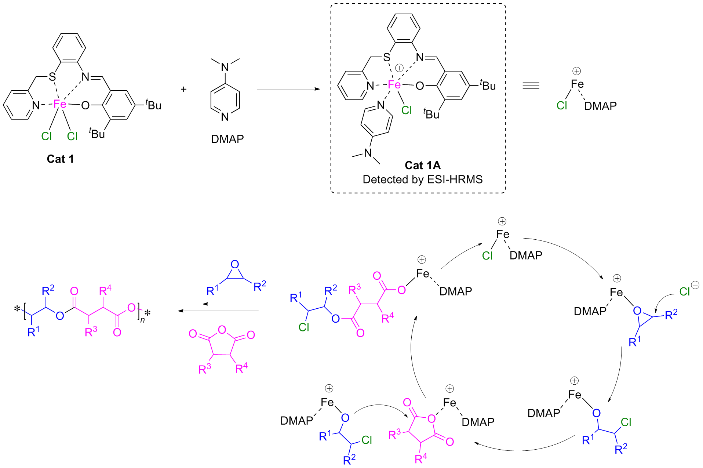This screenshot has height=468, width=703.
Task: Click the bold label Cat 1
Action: pyautogui.click(x=60, y=159)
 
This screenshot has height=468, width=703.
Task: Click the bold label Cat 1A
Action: pyautogui.click(x=422, y=166)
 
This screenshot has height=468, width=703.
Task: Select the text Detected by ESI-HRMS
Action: pyautogui.click(x=422, y=179)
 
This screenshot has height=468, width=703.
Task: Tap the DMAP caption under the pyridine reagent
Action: pyautogui.click(x=227, y=139)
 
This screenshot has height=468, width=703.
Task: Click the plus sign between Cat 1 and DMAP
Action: pyautogui.click(x=183, y=89)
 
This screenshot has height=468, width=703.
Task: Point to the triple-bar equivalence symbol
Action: pyautogui.click(x=531, y=86)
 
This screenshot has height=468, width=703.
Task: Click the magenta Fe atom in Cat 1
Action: pyautogui.click(x=60, y=104)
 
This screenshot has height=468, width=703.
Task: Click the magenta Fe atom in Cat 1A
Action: pyautogui.click(x=394, y=85)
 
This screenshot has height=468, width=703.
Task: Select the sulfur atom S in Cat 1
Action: pyautogui.click(x=52, y=77)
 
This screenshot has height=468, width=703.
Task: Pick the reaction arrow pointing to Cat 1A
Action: pyautogui.click(x=288, y=89)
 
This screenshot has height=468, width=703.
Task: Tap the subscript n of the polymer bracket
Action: pyautogui.click(x=142, y=320)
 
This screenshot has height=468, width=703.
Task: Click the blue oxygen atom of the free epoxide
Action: pyautogui.click(x=235, y=264)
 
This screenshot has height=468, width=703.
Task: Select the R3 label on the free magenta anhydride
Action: pyautogui.click(x=204, y=369)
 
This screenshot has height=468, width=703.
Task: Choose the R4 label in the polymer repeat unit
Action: pyautogui.click(x=105, y=291)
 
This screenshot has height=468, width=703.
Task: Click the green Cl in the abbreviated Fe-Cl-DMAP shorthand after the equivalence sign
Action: pyautogui.click(x=562, y=106)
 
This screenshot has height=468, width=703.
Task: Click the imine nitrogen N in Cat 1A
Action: pyautogui.click(x=420, y=57)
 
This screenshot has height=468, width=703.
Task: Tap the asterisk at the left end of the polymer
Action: pyautogui.click(x=17, y=309)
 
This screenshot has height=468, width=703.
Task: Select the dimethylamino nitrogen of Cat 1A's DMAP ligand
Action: pyautogui.click(x=368, y=153)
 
